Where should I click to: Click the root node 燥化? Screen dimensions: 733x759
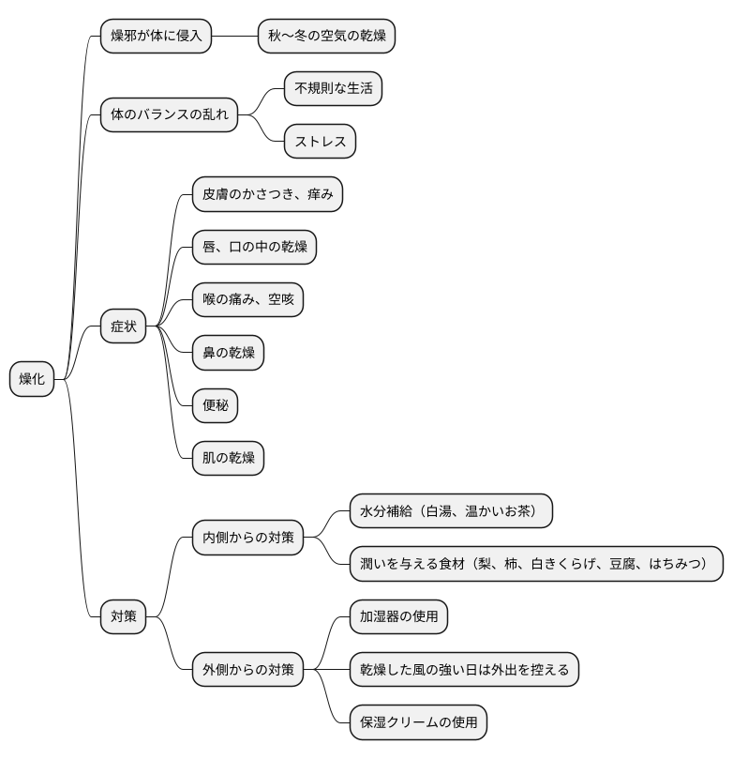[x=32, y=379]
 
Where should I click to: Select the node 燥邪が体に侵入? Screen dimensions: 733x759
[x=157, y=36]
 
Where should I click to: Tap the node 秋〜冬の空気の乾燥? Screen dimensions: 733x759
[x=327, y=36]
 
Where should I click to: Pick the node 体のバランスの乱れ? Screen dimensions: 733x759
[x=170, y=114]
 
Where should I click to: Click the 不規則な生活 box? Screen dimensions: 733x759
[x=333, y=88]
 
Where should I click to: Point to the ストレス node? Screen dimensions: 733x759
[x=320, y=142]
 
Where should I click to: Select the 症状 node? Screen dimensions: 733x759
[x=124, y=326]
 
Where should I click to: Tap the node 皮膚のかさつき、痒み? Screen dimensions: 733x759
[x=267, y=194]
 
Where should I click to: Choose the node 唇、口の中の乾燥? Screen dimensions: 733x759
[x=254, y=247]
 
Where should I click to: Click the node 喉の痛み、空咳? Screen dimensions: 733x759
[x=248, y=299]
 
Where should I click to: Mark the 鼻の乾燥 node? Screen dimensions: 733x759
[x=228, y=353]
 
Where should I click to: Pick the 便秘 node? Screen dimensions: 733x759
[x=216, y=405]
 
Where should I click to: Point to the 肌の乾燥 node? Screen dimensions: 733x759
[x=228, y=458]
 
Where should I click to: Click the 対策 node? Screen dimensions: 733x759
[x=124, y=616]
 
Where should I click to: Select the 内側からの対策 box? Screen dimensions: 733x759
[x=248, y=538]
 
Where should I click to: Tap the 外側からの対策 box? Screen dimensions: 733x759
[x=248, y=670]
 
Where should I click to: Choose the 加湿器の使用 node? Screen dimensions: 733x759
[x=399, y=616]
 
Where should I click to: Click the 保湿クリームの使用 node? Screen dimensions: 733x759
[x=418, y=722]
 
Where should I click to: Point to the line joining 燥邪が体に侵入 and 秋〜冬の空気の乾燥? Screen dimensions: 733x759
[x=235, y=36]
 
